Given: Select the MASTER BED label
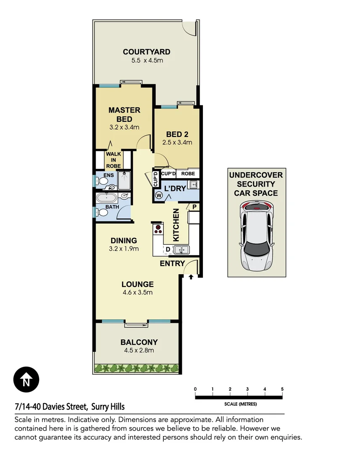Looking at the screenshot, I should pos(124,115).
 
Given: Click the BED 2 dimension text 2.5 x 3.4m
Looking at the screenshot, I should pos(177,142).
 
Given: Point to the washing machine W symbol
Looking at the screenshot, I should pos(159,195).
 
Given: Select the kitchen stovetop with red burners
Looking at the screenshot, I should pos(158,229).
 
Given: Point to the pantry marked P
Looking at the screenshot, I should pos(194,206).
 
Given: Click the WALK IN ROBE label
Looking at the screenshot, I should pos(113,160).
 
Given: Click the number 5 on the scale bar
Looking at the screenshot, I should pos(282,389).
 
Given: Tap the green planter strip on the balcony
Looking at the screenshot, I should pos(137,369).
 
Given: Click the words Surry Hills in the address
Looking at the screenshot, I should pos(108,407).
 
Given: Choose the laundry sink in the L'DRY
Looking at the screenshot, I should pos(193,184).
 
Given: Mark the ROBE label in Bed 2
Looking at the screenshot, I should pos(188,173).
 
